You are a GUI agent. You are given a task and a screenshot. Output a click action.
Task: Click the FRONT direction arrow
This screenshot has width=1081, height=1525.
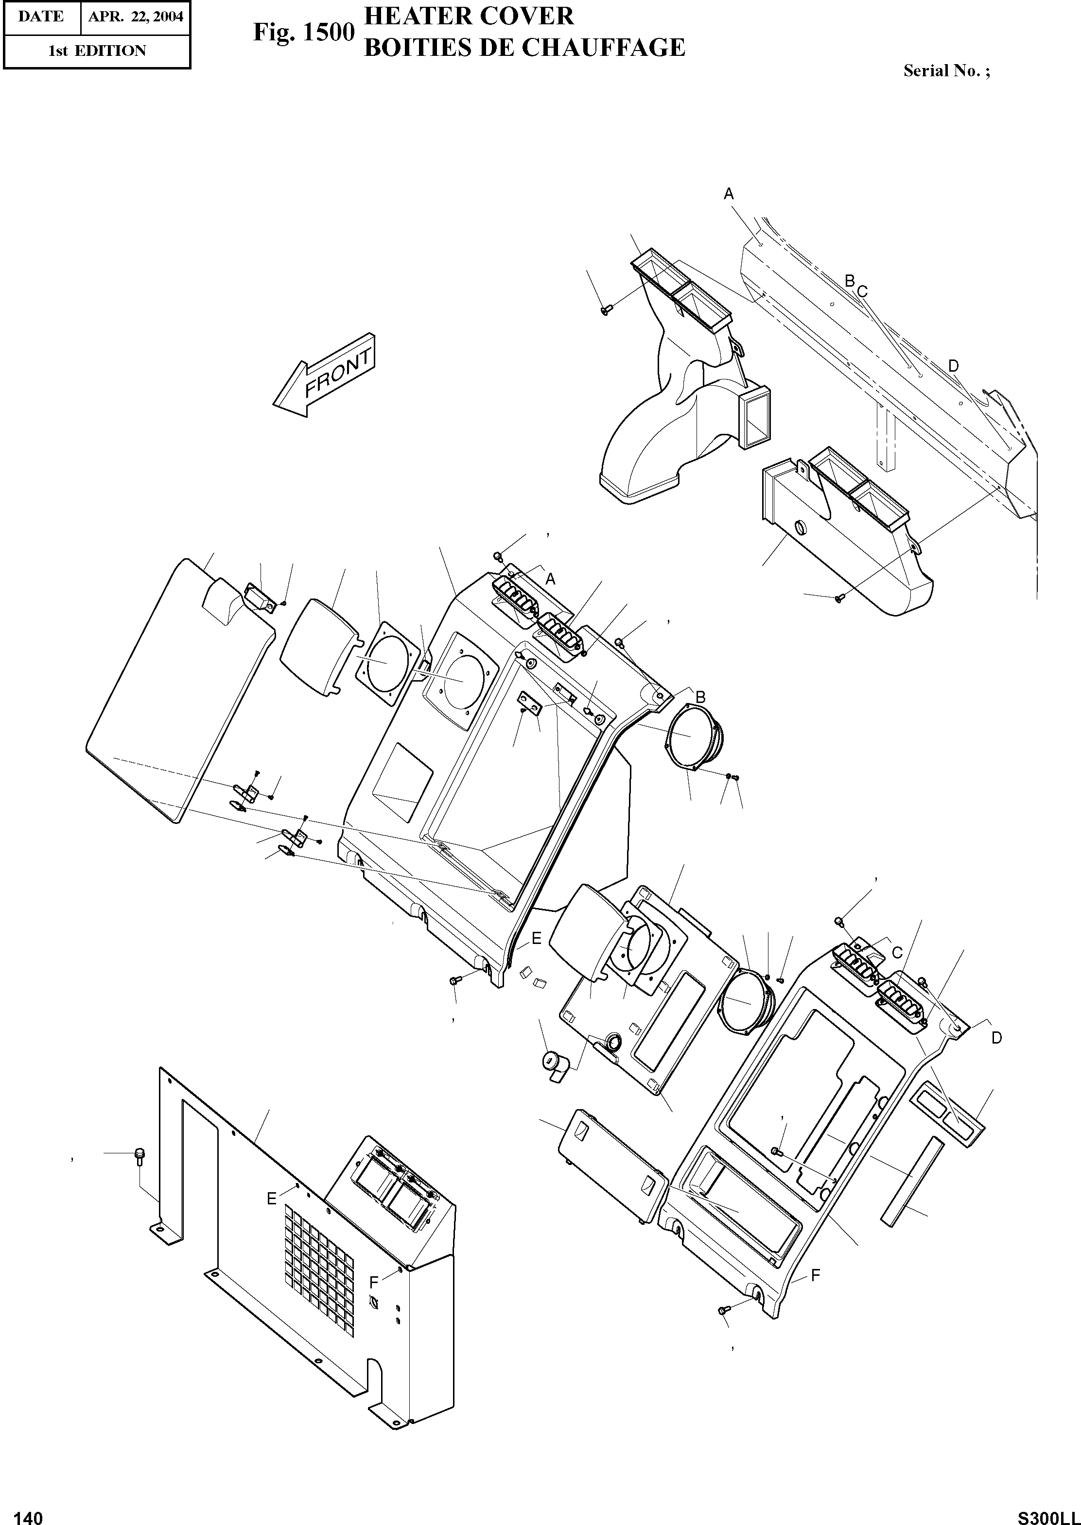pos(325,377)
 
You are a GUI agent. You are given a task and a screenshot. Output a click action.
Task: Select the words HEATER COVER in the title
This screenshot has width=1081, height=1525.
pos(469,16)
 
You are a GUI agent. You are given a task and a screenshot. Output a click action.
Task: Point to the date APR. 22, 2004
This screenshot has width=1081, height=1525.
pos(135,17)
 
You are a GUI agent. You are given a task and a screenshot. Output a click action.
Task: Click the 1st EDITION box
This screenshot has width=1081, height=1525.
pos(97,51)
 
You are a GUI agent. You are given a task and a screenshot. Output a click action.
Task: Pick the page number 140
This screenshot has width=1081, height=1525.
pos(28,1512)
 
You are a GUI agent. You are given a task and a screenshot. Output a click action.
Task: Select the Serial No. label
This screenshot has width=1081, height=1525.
pos(946,71)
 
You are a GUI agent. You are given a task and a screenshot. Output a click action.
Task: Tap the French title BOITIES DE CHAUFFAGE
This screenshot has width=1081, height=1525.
pos(524,48)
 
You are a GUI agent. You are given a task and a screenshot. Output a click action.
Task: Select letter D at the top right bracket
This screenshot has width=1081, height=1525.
pos(953,365)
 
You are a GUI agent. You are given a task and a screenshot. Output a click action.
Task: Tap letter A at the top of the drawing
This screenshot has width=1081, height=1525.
pos(729,194)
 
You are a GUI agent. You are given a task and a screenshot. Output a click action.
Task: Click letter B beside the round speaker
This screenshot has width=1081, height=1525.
pos(700,697)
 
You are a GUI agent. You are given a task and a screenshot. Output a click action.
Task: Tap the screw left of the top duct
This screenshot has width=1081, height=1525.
pos(606,309)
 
